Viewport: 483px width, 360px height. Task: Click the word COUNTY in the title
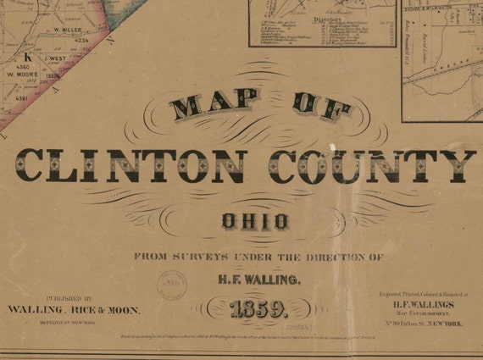[374, 165]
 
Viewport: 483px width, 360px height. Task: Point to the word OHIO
[255, 223]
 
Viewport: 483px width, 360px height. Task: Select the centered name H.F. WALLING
[253, 278]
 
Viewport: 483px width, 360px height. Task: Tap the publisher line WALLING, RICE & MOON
[74, 310]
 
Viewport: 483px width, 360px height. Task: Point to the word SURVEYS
[199, 256]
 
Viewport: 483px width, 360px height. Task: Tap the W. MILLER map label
[71, 30]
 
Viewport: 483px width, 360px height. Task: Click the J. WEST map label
[56, 58]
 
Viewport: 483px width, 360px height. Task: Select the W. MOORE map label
[25, 74]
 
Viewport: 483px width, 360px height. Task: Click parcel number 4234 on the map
[80, 40]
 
